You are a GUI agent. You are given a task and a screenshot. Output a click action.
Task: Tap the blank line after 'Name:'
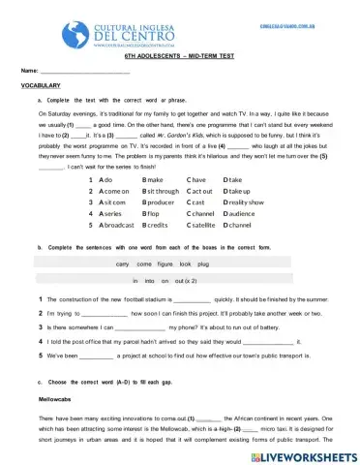click(86, 74)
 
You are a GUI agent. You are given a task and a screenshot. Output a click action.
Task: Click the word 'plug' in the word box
click(202, 263)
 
